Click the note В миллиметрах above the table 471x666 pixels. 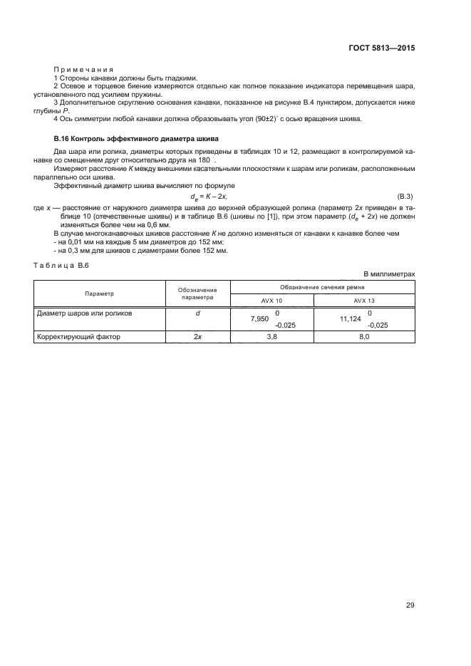(389, 274)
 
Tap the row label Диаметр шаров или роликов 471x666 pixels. (84, 313)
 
